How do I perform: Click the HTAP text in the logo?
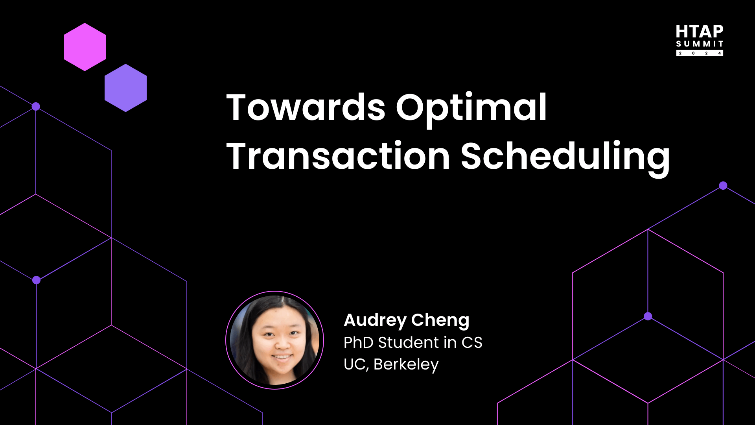click(700, 31)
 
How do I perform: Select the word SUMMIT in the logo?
click(700, 44)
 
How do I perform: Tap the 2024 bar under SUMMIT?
click(700, 53)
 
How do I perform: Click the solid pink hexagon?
click(85, 47)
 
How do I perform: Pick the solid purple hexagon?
click(125, 88)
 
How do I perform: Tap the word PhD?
click(358, 342)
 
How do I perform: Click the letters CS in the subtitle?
click(471, 342)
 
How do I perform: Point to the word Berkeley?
click(406, 365)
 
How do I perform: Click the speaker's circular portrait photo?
click(274, 340)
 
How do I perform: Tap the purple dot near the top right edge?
click(723, 185)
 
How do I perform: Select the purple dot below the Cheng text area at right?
click(648, 316)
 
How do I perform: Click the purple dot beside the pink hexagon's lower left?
click(36, 106)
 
